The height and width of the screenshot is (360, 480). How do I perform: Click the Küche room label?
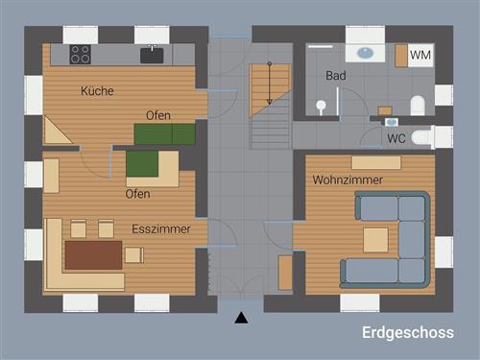[97, 91]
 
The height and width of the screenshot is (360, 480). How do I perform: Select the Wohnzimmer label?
[348, 180]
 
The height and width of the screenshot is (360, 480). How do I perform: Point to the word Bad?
[336, 75]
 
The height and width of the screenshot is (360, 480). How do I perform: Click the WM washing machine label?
[420, 56]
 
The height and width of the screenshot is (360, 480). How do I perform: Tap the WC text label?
[396, 138]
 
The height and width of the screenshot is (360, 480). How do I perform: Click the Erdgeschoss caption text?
[408, 333]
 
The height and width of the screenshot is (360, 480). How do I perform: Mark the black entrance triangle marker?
[241, 317]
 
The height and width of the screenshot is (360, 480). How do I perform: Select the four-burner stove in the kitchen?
[81, 55]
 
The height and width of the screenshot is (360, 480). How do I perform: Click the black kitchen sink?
[153, 55]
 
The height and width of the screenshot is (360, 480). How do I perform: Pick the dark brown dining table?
[93, 255]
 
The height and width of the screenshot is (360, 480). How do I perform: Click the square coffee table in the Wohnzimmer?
[375, 239]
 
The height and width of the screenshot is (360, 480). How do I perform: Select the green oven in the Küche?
[165, 133]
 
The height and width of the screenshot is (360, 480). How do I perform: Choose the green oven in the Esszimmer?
[142, 164]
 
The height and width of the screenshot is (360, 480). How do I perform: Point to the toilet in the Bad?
[419, 105]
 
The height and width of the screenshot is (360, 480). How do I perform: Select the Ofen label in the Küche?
[158, 115]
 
